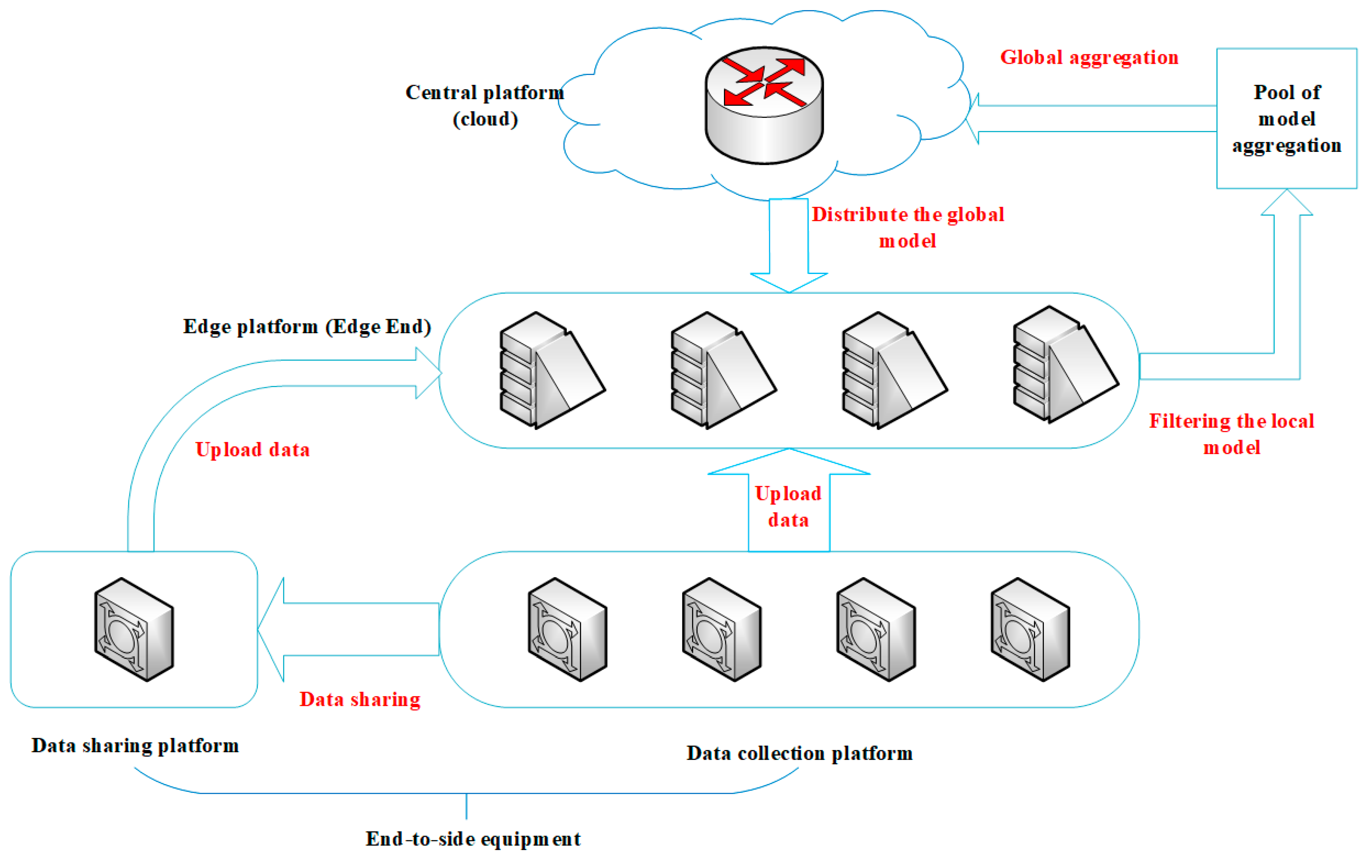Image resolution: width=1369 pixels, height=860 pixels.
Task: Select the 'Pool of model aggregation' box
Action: (1286, 118)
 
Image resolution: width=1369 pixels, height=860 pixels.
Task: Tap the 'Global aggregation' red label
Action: (1089, 57)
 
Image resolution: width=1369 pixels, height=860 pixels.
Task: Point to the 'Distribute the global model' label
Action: (907, 228)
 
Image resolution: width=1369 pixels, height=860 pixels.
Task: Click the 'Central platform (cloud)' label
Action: (484, 106)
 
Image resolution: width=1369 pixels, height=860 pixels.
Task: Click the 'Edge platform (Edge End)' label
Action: (307, 327)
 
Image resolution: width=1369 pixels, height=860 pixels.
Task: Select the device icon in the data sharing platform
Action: (134, 629)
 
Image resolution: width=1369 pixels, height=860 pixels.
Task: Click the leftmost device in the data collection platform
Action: (567, 629)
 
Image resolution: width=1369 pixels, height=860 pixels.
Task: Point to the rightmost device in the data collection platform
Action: (1030, 629)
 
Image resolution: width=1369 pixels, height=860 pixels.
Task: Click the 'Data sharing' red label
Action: (360, 700)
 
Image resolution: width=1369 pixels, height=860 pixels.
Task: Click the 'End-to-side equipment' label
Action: (473, 839)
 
